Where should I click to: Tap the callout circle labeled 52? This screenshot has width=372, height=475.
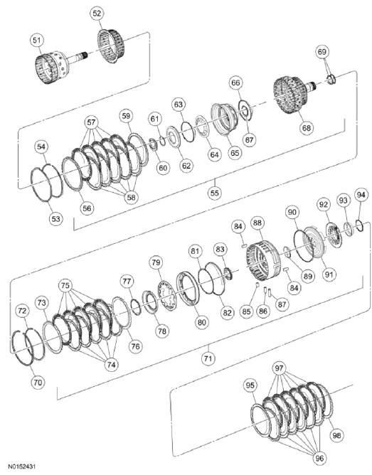(x=97, y=14)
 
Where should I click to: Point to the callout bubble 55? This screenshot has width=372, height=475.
(x=215, y=191)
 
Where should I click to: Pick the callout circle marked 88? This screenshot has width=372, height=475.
(x=257, y=223)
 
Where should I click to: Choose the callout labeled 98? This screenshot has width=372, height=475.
(x=335, y=434)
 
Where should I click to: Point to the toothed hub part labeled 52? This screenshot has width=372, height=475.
(x=110, y=46)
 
